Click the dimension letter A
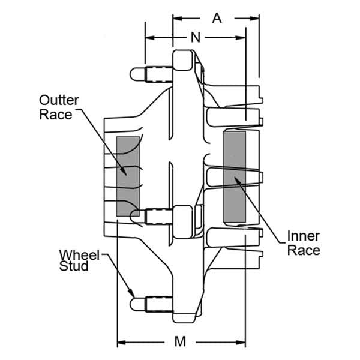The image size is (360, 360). (x=217, y=19)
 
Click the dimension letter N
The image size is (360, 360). (x=196, y=37)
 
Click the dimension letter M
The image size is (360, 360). (x=180, y=341)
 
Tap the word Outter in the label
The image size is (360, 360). (x=59, y=100)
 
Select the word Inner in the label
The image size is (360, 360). (x=304, y=236)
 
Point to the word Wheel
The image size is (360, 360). (x=79, y=255)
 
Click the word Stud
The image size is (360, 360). (x=74, y=266)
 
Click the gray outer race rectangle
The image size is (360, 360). (x=128, y=176)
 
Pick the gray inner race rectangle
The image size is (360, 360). (x=235, y=177)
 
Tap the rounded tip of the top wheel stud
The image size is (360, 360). (x=134, y=74)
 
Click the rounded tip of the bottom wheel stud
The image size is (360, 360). (x=134, y=304)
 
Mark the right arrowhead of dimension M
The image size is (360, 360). (x=241, y=343)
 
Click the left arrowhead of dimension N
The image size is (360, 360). (x=149, y=38)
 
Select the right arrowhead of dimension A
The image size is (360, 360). (x=255, y=19)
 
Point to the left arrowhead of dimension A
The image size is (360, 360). (x=177, y=19)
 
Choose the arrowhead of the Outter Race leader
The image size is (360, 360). (x=123, y=171)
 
